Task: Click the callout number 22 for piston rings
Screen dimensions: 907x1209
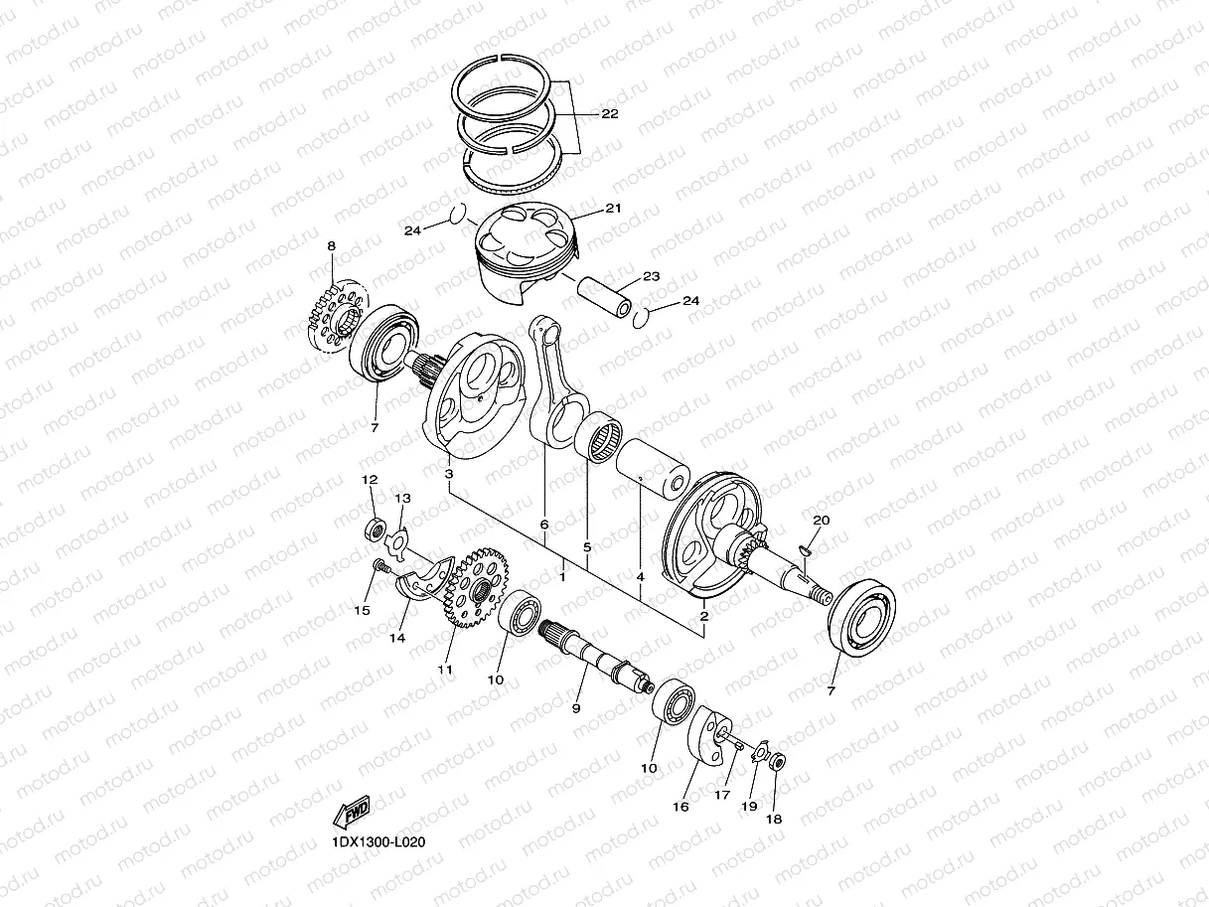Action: point(609,114)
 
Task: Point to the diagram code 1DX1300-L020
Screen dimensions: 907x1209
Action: point(378,842)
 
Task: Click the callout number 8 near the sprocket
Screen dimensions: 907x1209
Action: point(331,245)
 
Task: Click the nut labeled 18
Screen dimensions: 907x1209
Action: point(778,763)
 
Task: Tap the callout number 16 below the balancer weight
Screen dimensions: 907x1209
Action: point(680,807)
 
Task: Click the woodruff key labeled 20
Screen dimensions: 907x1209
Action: point(806,543)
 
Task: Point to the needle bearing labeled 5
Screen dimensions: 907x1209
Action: point(602,438)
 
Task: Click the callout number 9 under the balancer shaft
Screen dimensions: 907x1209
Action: point(575,707)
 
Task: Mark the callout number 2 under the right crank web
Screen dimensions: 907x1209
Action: point(703,617)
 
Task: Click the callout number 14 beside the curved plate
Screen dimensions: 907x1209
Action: point(396,638)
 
